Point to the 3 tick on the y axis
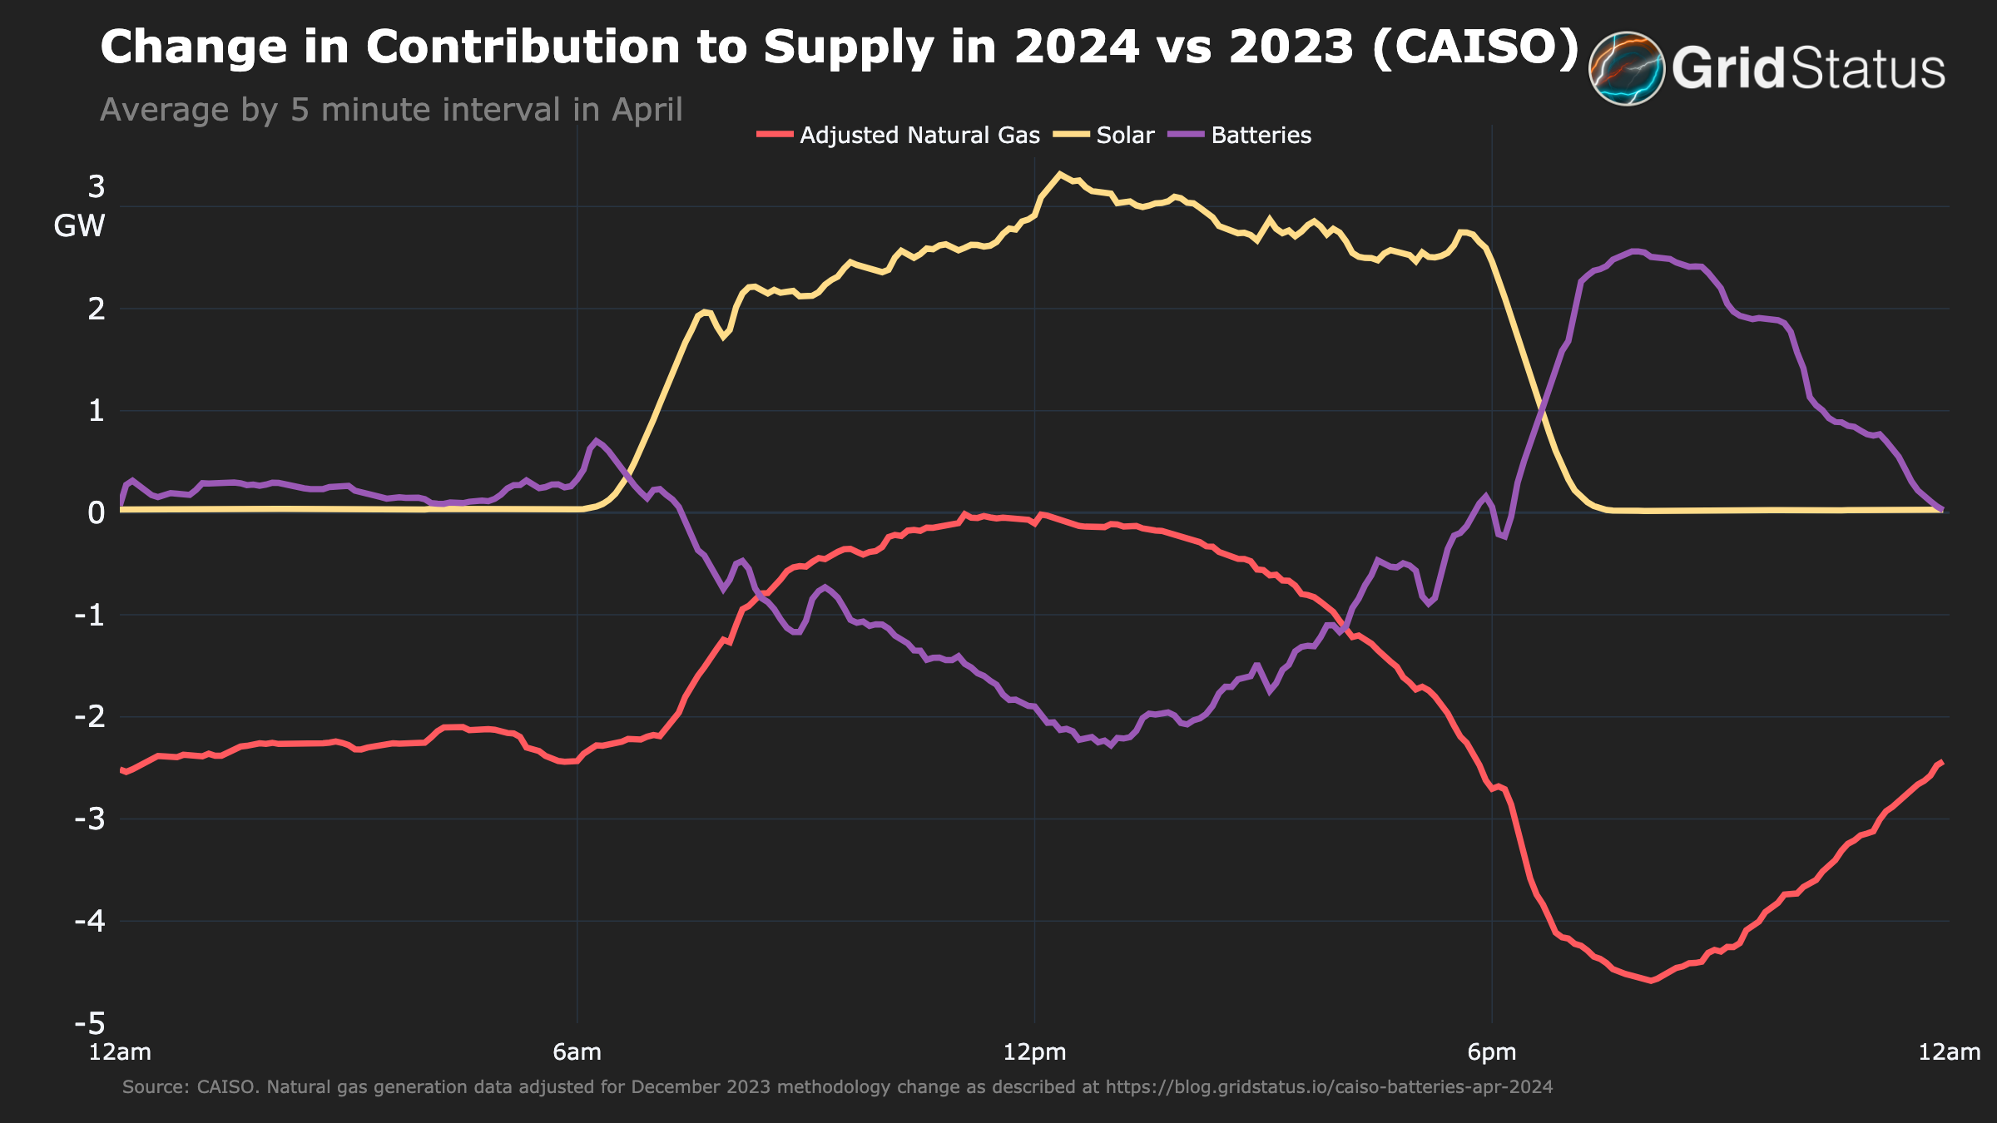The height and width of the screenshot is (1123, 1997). point(97,187)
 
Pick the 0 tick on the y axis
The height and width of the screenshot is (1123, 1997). point(97,512)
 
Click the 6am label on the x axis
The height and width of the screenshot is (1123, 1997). point(577,1052)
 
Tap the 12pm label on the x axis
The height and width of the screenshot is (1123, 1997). point(1034,1052)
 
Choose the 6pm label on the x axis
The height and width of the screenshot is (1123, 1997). point(1491,1052)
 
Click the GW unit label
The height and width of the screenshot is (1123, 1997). point(79,226)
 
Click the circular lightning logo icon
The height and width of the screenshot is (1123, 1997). point(1626,68)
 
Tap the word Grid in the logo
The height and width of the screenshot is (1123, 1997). point(1729,68)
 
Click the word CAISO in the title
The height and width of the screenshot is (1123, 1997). point(1474,47)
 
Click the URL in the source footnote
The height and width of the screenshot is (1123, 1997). point(1329,1087)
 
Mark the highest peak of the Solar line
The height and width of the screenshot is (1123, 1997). point(1059,173)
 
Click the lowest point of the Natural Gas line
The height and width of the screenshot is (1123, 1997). point(1651,981)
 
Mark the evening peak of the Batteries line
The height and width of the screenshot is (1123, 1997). point(1634,250)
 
